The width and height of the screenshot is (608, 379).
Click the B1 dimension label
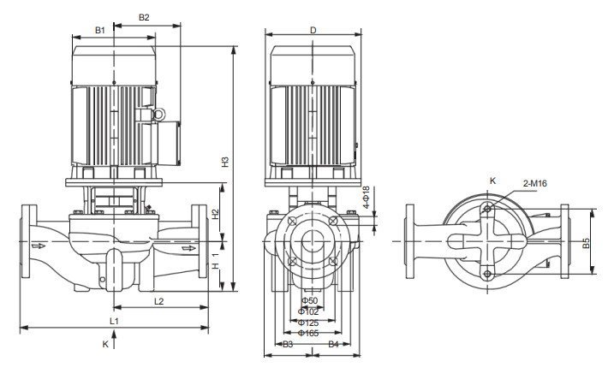[x=99, y=30]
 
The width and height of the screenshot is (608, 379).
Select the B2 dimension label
[x=143, y=17]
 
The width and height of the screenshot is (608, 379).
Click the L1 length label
[x=114, y=320]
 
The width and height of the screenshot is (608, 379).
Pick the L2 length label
[x=158, y=300]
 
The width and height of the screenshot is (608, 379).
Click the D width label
[x=313, y=30]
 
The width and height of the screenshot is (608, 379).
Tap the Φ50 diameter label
[x=308, y=300]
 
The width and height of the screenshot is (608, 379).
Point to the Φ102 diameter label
[x=308, y=311]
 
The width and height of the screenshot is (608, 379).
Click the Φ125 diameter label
[x=308, y=323]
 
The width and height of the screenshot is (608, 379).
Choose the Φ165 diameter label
[x=308, y=333]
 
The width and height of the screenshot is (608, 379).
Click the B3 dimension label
[x=288, y=344]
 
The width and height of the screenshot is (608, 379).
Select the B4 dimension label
[x=333, y=344]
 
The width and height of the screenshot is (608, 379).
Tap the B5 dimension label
[x=586, y=242]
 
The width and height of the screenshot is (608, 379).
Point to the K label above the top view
[x=492, y=181]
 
